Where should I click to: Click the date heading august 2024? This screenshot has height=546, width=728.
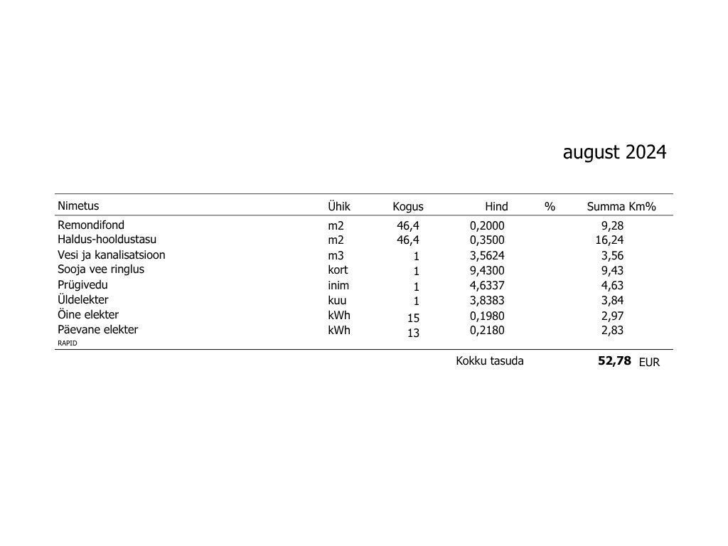coord(614,152)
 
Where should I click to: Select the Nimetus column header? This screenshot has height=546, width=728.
coord(78,206)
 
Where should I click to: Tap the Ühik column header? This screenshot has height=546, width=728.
coord(339,206)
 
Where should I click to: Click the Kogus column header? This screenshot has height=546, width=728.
coord(407,207)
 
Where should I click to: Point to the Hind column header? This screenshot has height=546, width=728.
coord(496,207)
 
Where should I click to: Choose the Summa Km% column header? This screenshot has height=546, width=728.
coord(621,207)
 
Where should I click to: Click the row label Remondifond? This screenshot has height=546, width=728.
coord(91,225)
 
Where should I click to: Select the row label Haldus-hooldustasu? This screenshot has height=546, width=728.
coord(107,240)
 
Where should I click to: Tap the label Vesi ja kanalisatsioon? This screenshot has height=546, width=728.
coord(111,255)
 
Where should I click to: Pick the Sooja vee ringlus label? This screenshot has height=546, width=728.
coord(101,269)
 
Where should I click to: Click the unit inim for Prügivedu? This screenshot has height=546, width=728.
coord(338,285)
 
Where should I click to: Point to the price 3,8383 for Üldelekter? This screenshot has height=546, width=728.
coord(487,300)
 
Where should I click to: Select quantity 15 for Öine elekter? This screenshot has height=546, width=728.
coord(413,318)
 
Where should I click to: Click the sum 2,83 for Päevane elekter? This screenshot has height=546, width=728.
coord(612,330)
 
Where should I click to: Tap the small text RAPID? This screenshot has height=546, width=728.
coord(68,343)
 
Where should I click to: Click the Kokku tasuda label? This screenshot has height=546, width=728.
coord(489,361)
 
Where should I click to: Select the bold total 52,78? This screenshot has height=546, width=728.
coord(614,361)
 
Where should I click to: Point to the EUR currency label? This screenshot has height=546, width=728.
coord(649,363)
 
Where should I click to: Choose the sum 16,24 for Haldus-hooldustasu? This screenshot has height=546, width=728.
coord(609,240)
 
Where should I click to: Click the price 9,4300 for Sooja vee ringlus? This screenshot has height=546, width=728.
coord(487,270)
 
